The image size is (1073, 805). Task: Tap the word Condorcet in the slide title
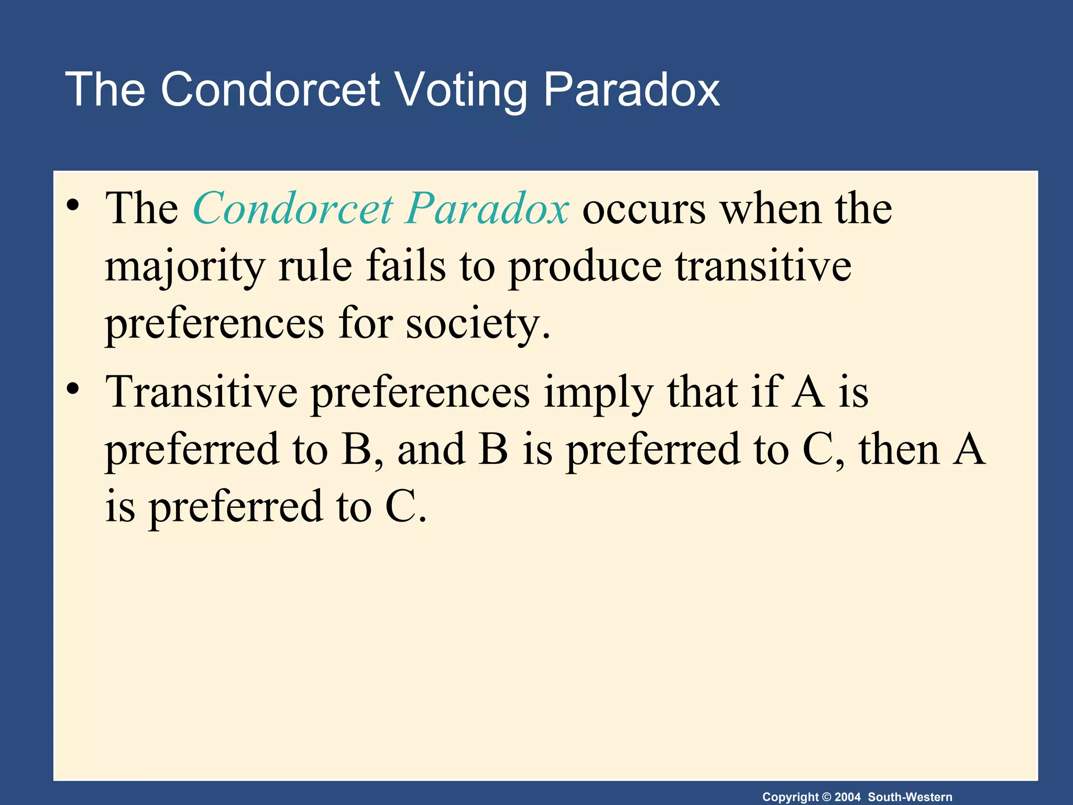[270, 90]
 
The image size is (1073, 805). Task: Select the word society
[477, 324]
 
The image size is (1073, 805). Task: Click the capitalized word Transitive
[201, 391]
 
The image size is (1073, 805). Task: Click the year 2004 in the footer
[847, 797]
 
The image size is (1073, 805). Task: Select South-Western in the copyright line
[910, 797]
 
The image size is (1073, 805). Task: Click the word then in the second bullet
[899, 449]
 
